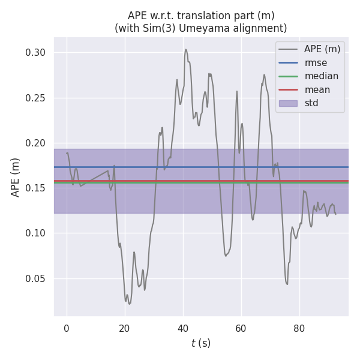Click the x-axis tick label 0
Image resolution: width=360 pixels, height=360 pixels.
click(67, 328)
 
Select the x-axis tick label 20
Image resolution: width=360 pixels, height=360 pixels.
click(125, 328)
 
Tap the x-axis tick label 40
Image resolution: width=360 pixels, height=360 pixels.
click(183, 328)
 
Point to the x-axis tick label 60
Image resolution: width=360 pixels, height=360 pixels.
click(241, 328)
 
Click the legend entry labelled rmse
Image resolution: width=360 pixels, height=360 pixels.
click(316, 62)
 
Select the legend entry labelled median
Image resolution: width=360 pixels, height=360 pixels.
click(321, 76)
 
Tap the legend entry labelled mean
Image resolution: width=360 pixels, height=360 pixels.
click(317, 90)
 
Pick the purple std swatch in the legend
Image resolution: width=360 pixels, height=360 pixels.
click(288, 103)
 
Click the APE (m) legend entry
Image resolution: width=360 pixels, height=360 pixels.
click(321, 49)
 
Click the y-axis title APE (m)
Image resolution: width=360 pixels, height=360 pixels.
click(16, 177)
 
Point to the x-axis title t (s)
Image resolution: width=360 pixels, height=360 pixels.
click(200, 344)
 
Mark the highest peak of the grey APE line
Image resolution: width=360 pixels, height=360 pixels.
click(186, 49)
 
